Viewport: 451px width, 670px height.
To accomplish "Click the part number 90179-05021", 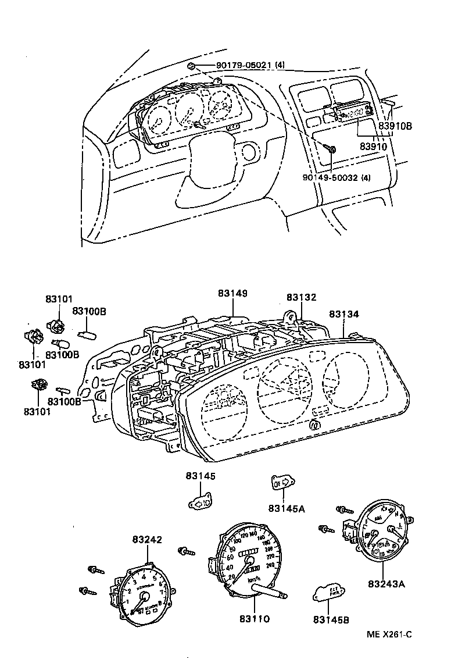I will click(x=234, y=65).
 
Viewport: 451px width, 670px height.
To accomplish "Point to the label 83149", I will click(x=232, y=293).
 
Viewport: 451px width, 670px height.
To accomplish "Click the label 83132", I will click(x=301, y=297).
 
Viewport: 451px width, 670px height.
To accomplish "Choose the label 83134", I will click(x=344, y=314).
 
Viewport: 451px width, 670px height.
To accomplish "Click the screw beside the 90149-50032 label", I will click(x=331, y=150).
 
